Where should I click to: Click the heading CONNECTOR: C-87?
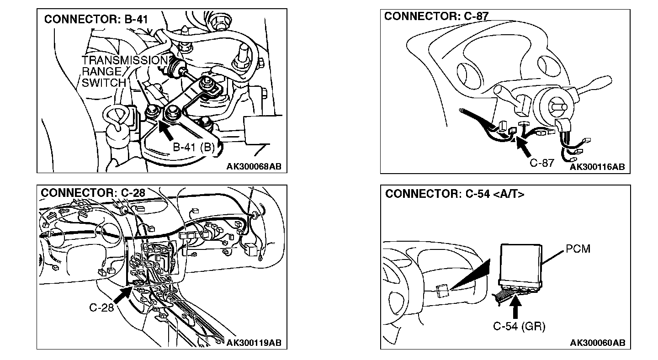pos(436,16)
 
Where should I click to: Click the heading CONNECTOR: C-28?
pos(93,193)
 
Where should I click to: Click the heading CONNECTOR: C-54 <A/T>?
pos(455,194)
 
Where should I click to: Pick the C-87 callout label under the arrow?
pos(542,163)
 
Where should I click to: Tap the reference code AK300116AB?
pos(597,167)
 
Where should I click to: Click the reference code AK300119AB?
pos(254,343)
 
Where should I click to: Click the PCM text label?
pos(578,249)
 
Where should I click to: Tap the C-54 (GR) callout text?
pos(519,327)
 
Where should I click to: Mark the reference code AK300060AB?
pos(597,343)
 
